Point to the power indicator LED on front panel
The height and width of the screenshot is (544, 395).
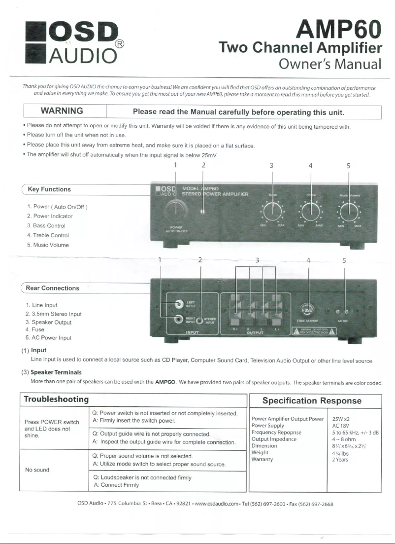point(202,213)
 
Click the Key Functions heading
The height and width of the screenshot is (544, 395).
point(49,189)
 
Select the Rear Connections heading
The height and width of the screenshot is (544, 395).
point(53,288)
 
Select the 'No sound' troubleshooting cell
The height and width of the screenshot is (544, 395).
point(38,470)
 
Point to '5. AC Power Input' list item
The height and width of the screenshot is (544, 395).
point(48,338)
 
